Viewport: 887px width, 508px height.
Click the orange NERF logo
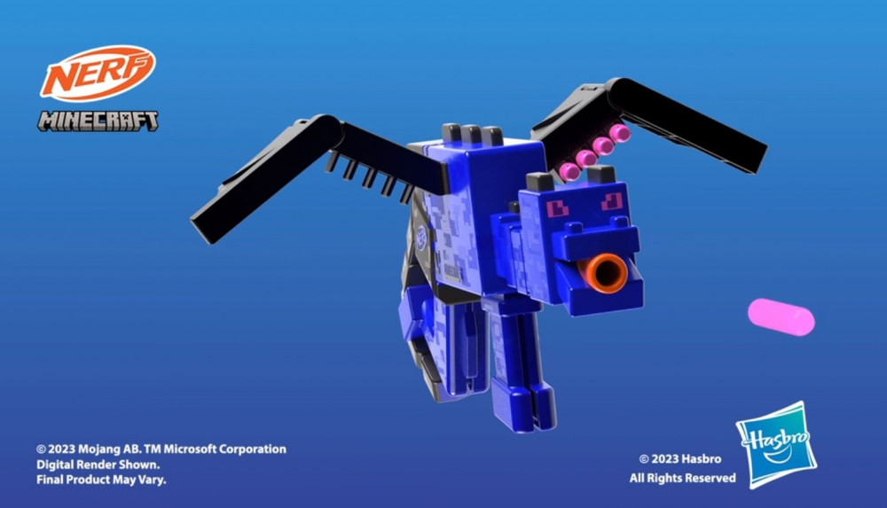[98, 73]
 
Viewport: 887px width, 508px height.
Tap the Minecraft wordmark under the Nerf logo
[98, 121]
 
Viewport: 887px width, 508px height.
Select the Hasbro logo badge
[777, 445]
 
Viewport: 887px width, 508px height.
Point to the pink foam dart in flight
[781, 317]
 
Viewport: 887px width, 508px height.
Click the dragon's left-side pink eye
[557, 208]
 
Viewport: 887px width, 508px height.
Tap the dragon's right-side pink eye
[612, 201]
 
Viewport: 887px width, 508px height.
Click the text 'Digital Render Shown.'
[98, 465]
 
